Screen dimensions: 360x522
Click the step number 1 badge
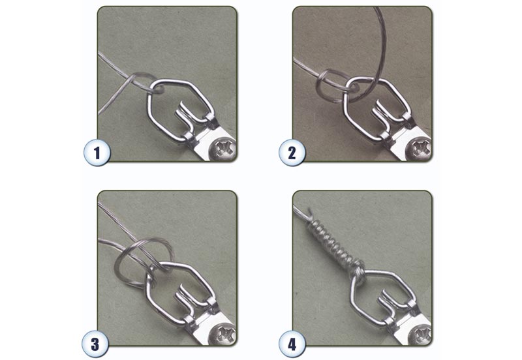pyautogui.click(x=97, y=154)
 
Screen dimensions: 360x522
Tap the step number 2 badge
pyautogui.click(x=292, y=154)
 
